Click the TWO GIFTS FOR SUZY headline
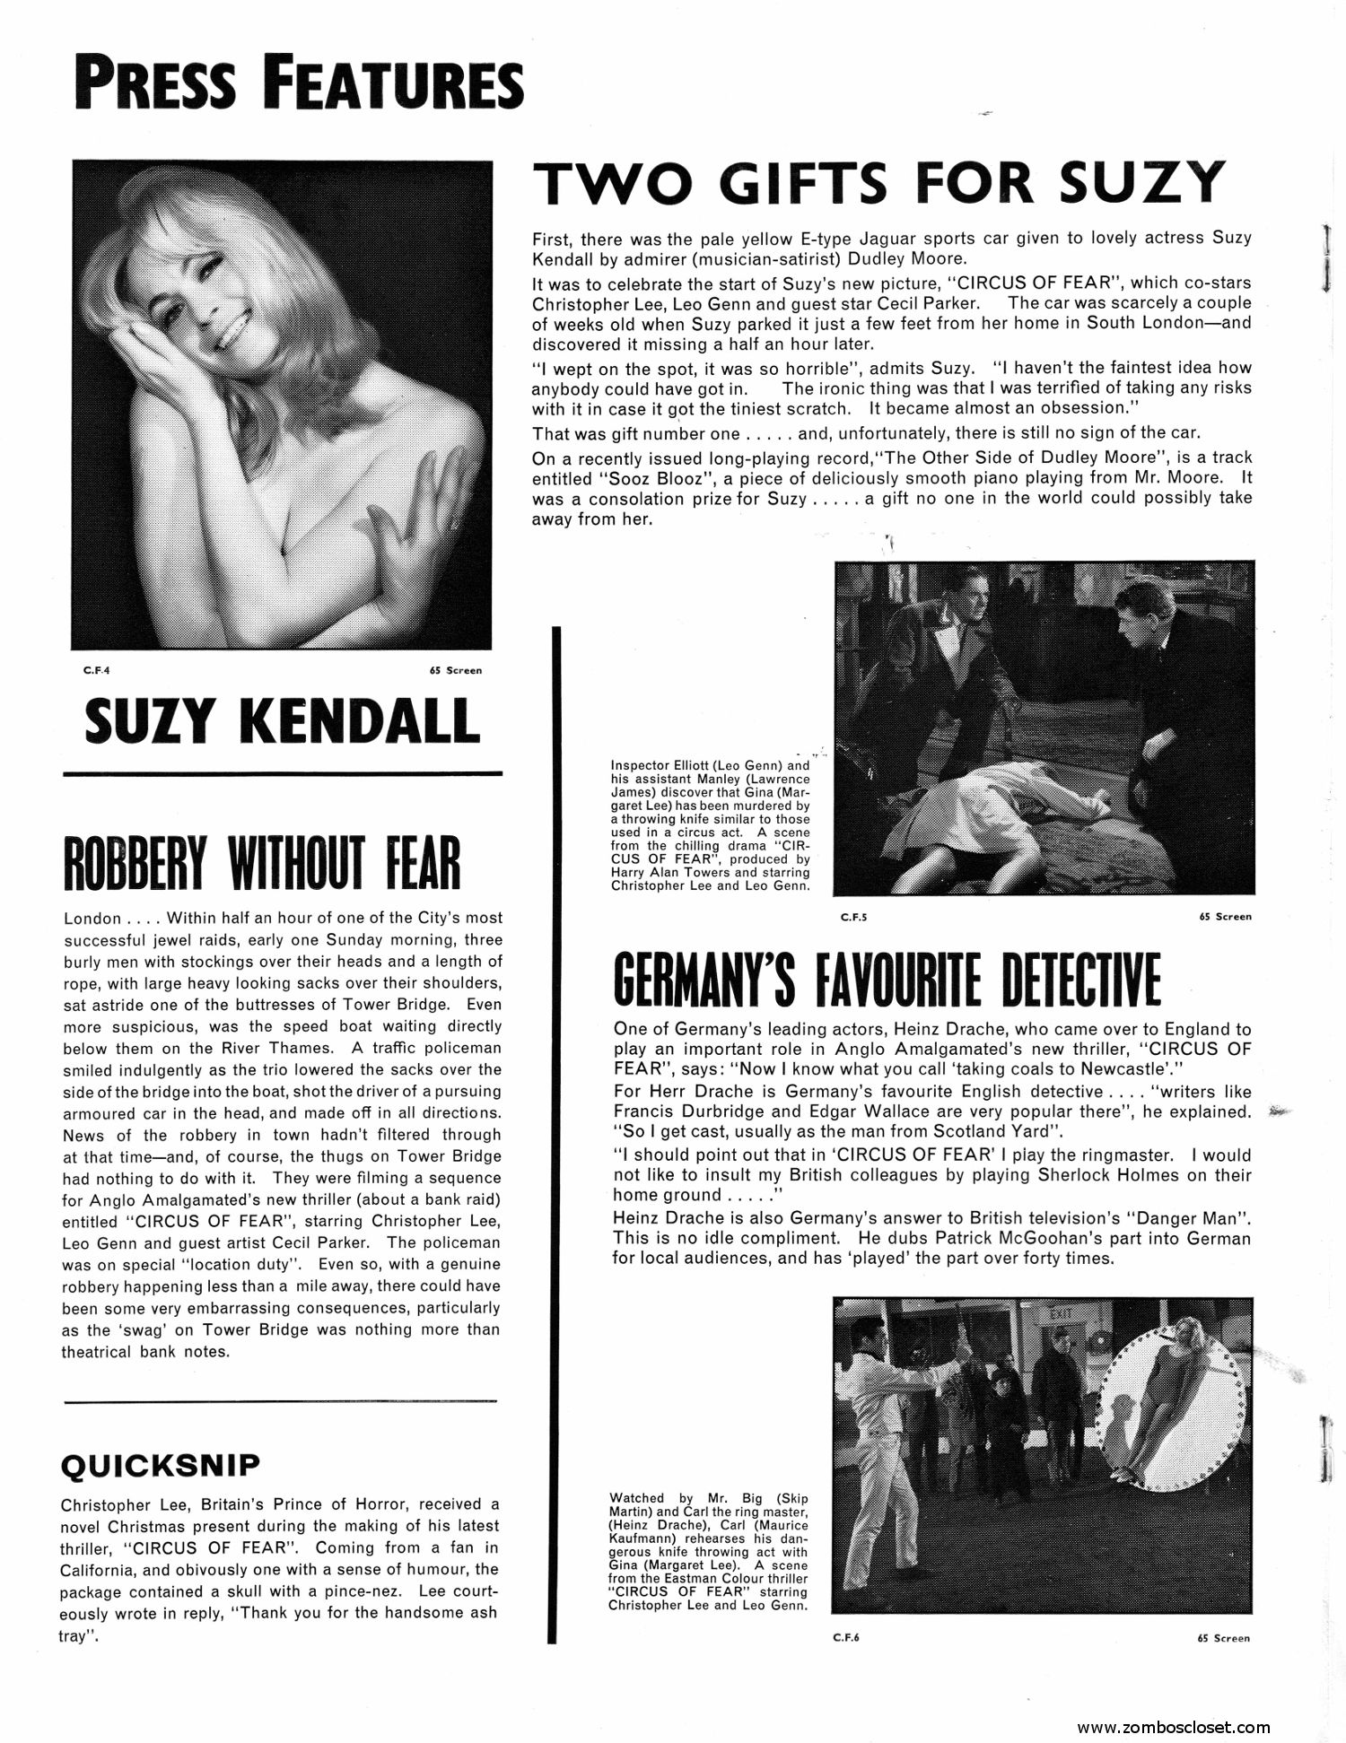pyautogui.click(x=878, y=183)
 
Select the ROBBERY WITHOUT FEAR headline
pyautogui.click(x=261, y=862)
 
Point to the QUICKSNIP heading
pyautogui.click(x=160, y=1466)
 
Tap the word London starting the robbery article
pyautogui.click(x=92, y=918)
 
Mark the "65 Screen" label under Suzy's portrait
pyautogui.click(x=455, y=670)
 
